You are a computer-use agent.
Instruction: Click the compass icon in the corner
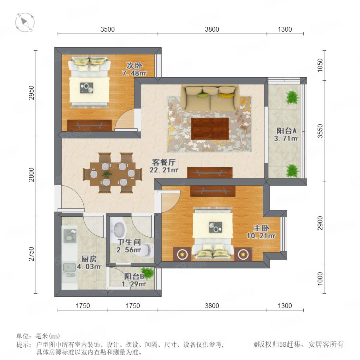click(x=25, y=22)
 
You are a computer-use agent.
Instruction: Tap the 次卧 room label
click(x=134, y=66)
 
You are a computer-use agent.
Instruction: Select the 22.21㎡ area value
click(x=164, y=170)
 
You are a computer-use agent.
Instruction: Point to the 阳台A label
click(x=286, y=131)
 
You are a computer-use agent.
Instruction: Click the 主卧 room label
click(x=261, y=228)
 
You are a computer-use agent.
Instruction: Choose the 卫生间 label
click(x=128, y=242)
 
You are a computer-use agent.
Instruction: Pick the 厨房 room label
click(x=89, y=259)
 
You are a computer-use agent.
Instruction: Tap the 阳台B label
click(x=134, y=276)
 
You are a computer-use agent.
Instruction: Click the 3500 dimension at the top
click(x=108, y=29)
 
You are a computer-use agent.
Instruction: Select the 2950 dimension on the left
click(x=31, y=92)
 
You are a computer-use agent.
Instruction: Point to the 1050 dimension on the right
click(x=320, y=65)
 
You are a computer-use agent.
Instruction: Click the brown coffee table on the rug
click(x=210, y=128)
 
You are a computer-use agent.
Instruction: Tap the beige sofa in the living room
click(x=210, y=98)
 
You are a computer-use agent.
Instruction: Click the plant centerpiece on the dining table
click(x=107, y=174)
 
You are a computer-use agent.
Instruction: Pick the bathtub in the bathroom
click(x=119, y=230)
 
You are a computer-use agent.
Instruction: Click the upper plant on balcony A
click(x=292, y=97)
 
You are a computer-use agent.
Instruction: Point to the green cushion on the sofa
click(x=202, y=95)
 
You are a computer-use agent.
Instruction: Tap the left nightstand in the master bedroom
click(x=182, y=254)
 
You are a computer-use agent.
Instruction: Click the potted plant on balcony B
click(x=147, y=272)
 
